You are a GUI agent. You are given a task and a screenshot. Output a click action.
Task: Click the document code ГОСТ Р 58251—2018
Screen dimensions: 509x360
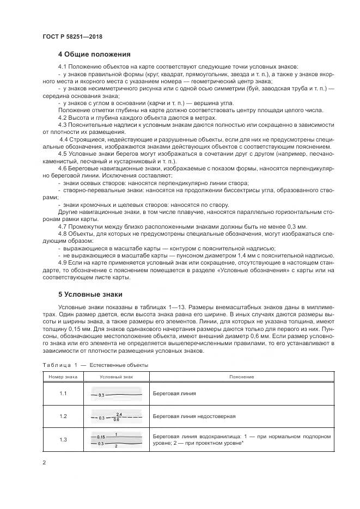72,36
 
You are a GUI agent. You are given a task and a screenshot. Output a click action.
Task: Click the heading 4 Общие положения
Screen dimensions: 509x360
94,54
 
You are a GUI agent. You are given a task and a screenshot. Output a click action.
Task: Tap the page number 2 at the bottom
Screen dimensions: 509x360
44,463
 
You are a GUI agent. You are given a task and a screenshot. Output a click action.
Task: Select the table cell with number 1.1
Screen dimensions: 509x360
63,393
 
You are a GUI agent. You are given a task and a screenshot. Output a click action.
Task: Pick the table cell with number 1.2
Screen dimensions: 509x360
63,416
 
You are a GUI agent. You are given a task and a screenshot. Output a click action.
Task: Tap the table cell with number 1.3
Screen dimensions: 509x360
63,440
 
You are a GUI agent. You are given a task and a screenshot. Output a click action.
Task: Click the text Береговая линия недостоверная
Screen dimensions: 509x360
194,416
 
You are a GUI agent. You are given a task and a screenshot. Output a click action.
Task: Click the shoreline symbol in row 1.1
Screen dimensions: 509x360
117,394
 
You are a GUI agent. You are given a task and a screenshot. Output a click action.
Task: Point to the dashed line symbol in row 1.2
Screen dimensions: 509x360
117,417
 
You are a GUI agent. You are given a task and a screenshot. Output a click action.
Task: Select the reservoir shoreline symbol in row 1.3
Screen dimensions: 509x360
117,440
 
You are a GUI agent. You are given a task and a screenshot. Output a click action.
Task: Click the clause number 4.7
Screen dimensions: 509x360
63,225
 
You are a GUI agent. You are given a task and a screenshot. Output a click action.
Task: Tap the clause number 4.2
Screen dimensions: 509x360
63,118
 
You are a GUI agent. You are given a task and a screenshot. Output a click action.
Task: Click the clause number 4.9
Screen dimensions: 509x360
63,262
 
